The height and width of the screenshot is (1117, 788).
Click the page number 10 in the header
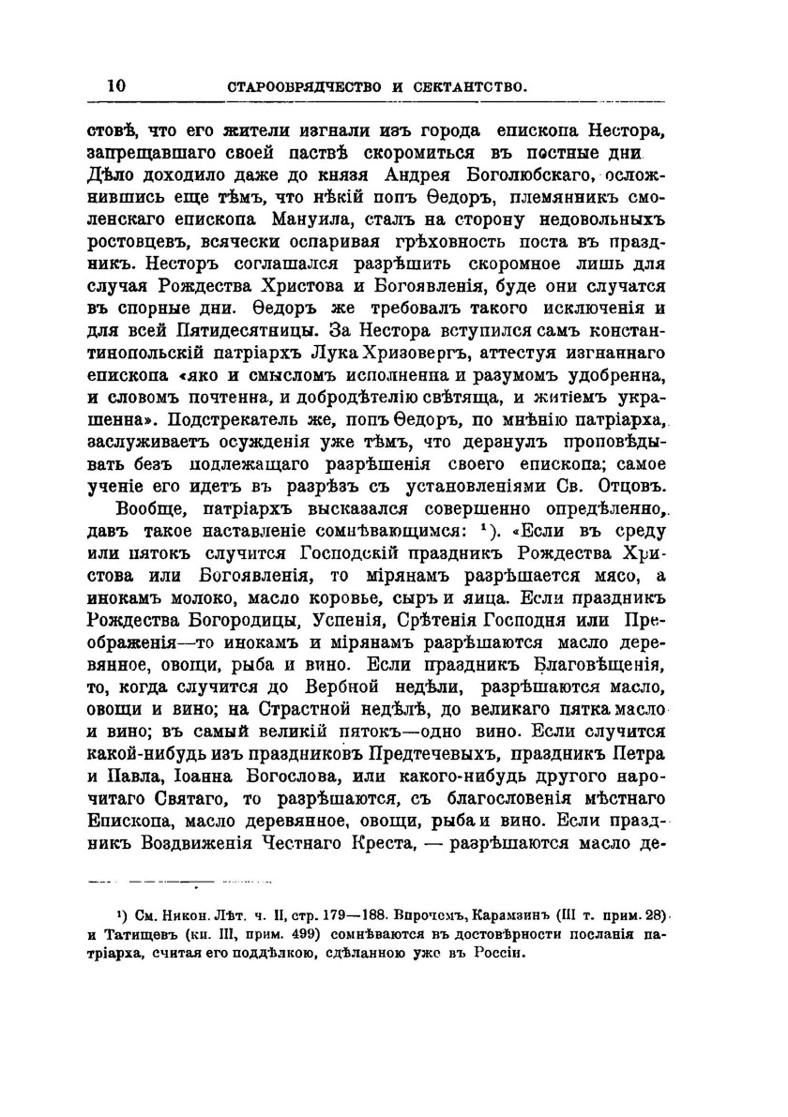[x=116, y=85]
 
